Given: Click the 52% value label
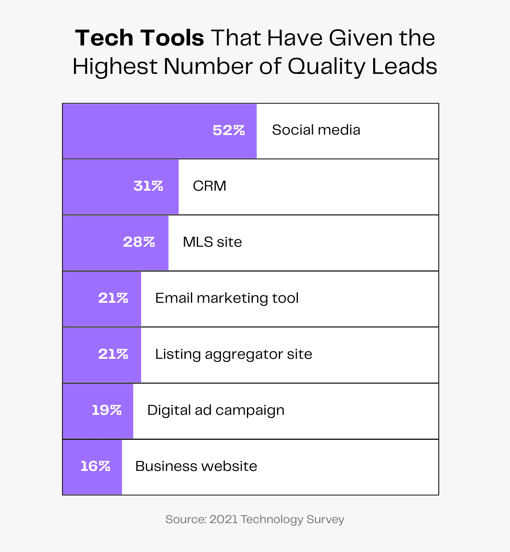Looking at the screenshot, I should pos(229,130).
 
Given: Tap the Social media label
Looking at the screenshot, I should pos(316,130).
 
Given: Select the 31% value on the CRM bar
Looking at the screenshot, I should pos(148,186).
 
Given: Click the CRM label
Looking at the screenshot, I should pos(210,186).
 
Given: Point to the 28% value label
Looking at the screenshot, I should pos(139,242).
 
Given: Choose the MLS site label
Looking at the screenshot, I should pos(212,242).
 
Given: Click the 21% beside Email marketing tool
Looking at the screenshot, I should pos(113,298).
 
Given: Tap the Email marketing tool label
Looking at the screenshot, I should pos(227,298).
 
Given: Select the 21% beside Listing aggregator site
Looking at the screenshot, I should pos(113,354).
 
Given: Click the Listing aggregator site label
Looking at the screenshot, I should pos(233,354).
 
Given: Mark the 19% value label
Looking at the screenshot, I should pos(107,410).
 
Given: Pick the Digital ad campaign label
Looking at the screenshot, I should pos(215,411).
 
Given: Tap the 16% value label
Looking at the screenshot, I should pos(95,466).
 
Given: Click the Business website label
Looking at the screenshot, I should pos(196,466).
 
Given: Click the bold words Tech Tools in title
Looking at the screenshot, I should pos(140,38).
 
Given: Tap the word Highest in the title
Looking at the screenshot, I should pos(115,67).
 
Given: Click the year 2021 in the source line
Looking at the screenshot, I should pos(223,519).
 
